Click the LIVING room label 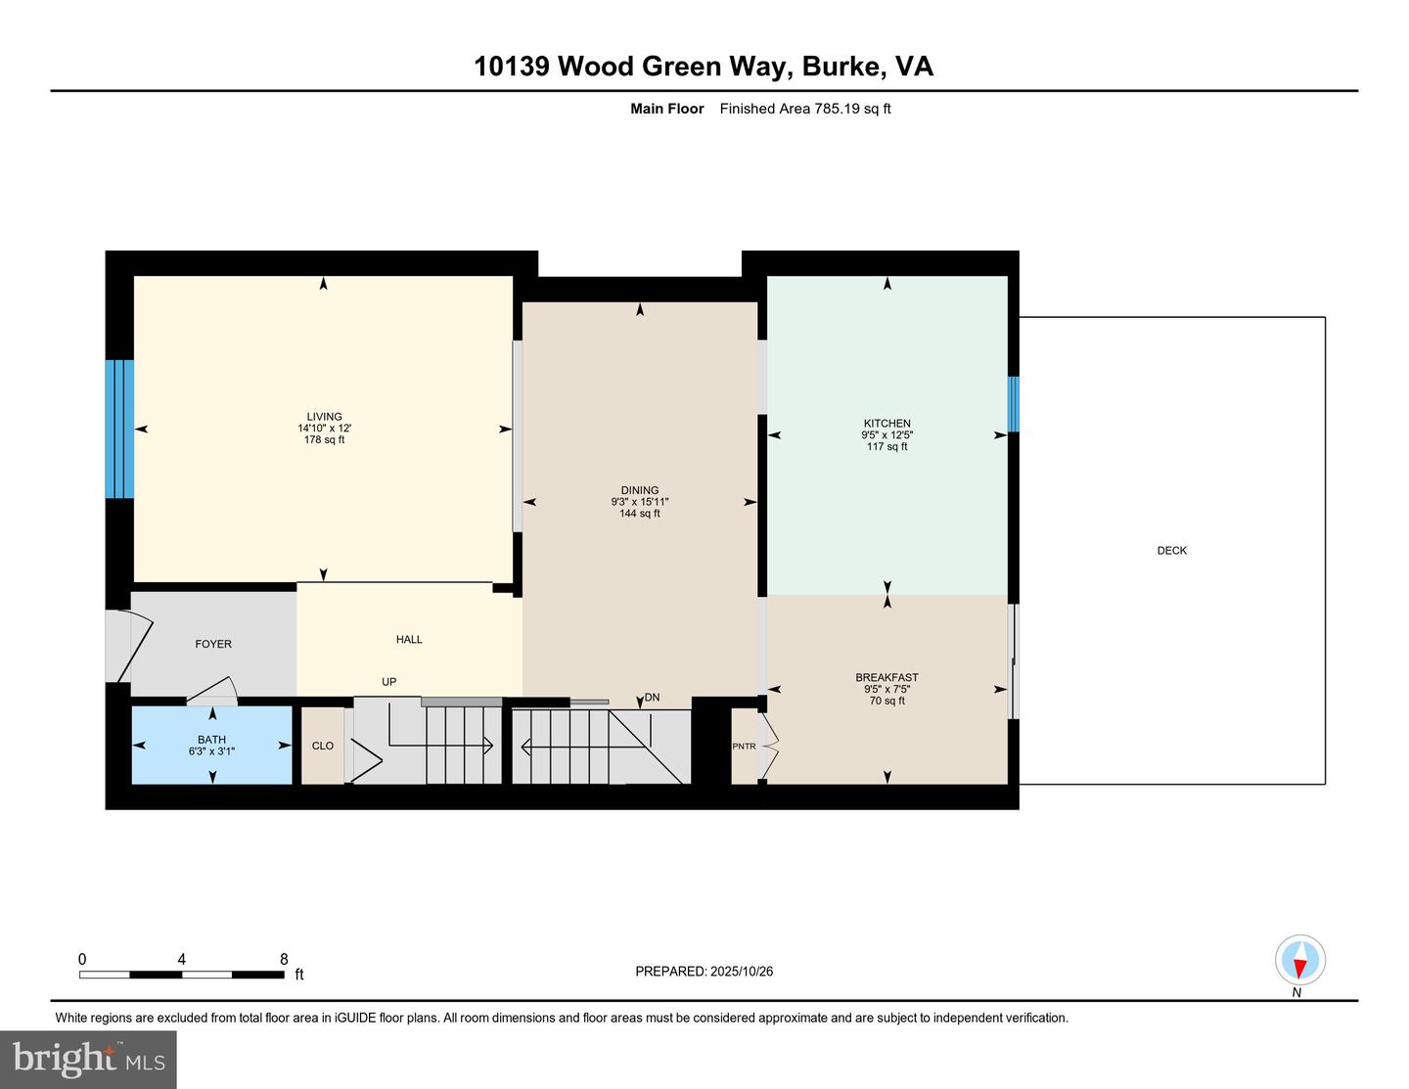(324, 417)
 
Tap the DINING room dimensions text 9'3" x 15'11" (640, 502)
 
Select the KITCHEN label (886, 424)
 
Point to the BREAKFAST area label (886, 677)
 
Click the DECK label (1171, 551)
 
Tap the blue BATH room (212, 746)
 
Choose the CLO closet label (323, 746)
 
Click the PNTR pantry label (744, 747)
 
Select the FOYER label (213, 644)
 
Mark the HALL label (409, 639)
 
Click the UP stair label (389, 682)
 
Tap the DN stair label (652, 698)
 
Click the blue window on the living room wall (119, 429)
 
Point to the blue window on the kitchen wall (1014, 404)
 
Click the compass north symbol (1299, 960)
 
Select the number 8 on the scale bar (284, 959)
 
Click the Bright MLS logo (88, 1060)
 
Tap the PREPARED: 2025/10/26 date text (704, 972)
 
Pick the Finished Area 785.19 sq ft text (804, 109)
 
